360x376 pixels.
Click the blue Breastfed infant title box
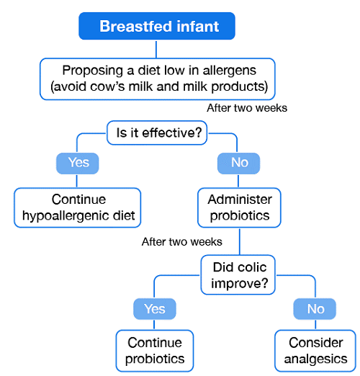(158, 28)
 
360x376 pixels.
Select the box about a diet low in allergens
(158, 79)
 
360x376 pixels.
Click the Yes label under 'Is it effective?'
(78, 163)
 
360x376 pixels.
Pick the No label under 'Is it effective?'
(239, 163)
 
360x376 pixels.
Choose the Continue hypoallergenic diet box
(78, 207)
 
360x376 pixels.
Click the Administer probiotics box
(240, 207)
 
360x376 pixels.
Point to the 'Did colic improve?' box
(240, 275)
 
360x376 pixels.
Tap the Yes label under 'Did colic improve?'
(155, 309)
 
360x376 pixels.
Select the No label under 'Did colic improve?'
(315, 309)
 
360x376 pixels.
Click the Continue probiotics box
(155, 351)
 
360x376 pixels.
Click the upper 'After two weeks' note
(247, 108)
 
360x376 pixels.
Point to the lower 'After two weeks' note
(182, 242)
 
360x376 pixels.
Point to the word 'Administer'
(240, 199)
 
